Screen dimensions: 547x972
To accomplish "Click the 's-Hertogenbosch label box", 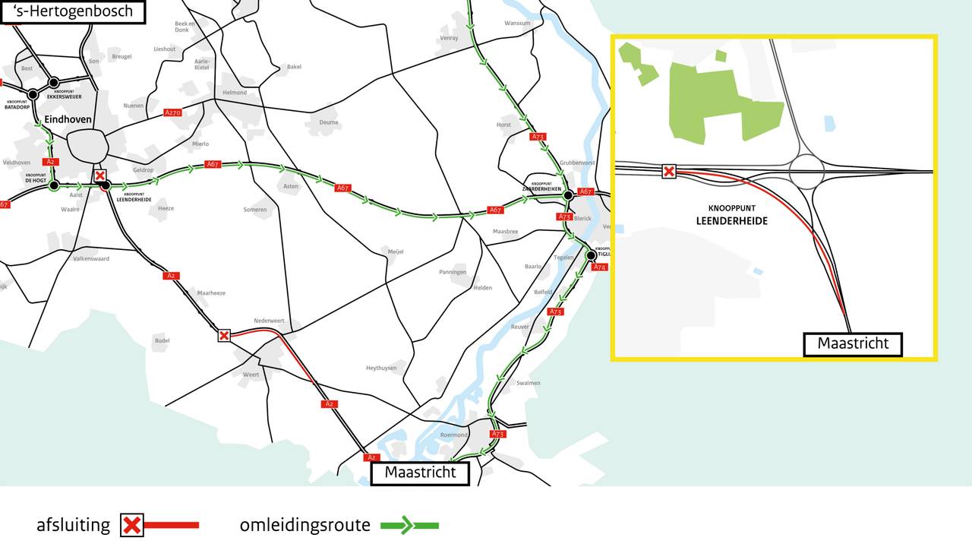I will coord(73,11).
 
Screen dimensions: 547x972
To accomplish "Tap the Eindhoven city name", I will coord(68,120).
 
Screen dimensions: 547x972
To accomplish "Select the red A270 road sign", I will coord(173,112).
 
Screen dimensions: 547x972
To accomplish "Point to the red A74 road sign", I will coord(600,267).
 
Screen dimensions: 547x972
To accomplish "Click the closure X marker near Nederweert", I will coord(224,335).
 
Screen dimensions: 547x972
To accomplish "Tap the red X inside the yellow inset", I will coord(668,172).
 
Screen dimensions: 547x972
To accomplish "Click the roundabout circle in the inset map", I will coord(806,171).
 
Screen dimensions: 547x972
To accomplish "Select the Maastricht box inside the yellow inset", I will coord(853,344).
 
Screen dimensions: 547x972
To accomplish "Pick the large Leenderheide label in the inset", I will coord(732,221).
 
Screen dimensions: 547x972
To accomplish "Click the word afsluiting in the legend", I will coord(73,525).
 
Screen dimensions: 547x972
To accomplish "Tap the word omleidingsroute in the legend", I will coord(305,525).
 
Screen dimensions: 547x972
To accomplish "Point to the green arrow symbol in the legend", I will coord(409,525).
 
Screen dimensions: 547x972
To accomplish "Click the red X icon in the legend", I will coord(132,525).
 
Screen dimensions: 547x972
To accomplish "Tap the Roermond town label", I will coord(453,435).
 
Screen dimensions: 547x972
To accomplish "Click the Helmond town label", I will coord(235,93).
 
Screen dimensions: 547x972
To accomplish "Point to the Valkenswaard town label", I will coord(91,259).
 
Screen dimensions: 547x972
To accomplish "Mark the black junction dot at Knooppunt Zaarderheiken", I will coord(567,195).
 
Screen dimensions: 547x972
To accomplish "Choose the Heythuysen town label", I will coord(381,368).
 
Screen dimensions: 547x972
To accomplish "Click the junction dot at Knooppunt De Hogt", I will coord(53,185).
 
